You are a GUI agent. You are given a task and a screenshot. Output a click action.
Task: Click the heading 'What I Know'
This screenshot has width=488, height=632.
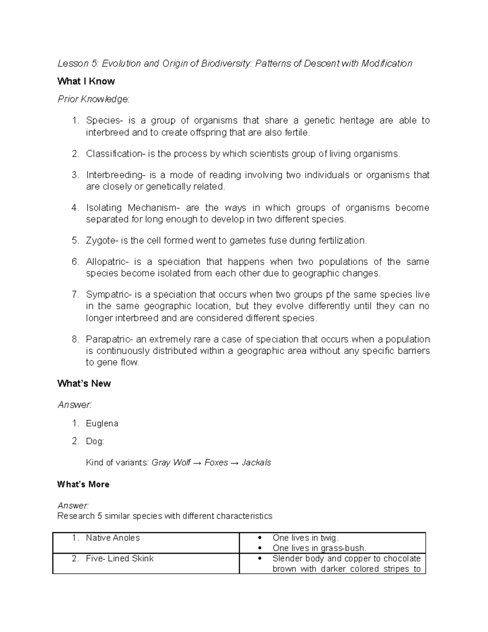86,81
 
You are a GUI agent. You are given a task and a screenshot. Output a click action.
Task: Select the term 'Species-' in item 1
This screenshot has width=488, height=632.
103,120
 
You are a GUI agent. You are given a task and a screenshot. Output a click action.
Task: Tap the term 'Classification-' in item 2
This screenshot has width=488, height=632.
115,154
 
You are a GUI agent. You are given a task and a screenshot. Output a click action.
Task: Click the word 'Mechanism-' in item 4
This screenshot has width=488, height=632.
153,208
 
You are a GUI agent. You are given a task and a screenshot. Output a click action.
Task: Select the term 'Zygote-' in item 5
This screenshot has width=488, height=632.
102,241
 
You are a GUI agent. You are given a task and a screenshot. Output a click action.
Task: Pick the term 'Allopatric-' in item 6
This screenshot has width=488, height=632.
108,262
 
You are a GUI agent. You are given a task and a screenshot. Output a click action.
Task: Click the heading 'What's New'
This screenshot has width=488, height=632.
84,384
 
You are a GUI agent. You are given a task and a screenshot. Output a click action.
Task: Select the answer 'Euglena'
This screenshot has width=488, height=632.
102,424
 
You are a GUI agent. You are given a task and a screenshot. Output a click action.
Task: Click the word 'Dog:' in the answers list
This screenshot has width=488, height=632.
95,442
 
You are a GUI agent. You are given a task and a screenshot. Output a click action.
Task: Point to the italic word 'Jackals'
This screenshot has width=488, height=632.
256,463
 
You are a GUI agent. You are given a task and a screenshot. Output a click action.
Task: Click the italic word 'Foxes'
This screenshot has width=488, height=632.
216,463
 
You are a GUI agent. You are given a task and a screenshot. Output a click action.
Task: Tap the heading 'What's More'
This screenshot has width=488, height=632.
83,484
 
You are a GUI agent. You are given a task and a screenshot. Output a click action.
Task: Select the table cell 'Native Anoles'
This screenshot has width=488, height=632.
113,538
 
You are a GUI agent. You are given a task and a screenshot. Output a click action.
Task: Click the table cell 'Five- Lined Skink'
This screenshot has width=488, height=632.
120,559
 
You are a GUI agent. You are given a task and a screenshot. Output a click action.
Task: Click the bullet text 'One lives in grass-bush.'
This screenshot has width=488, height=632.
319,548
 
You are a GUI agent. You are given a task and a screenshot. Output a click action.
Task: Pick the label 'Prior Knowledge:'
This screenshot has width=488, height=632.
93,99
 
